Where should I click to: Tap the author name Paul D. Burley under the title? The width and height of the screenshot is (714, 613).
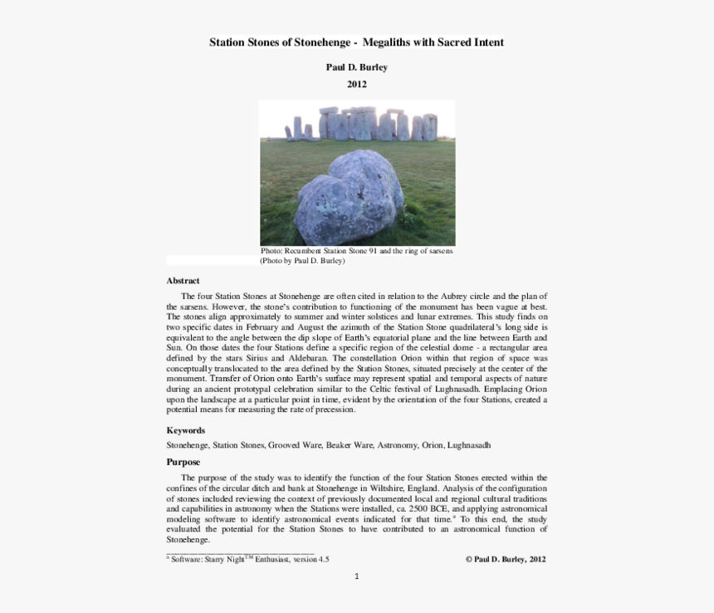pos(356,67)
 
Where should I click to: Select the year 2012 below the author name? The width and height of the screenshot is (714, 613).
pos(356,84)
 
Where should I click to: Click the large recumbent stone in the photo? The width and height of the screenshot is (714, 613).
pos(348,197)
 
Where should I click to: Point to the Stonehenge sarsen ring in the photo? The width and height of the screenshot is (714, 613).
pos(365,125)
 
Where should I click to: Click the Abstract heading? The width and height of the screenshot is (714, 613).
pos(183,281)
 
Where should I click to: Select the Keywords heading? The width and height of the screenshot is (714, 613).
pos(185,430)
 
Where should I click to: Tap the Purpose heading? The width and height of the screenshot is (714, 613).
pos(183,462)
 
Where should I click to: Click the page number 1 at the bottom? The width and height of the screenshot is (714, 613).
pos(356,576)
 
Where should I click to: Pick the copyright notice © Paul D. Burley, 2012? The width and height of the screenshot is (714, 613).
pos(505,560)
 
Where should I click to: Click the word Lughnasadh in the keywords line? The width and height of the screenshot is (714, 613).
pos(469,445)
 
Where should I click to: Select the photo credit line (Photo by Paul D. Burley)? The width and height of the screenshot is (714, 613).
pos(302,261)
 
